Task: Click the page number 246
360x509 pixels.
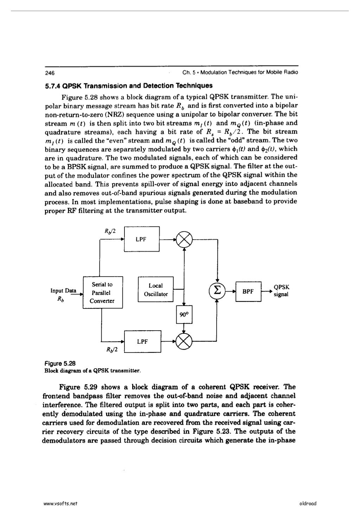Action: (49, 73)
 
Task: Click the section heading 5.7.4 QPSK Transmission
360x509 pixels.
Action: (129, 85)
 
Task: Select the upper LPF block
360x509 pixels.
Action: (142, 239)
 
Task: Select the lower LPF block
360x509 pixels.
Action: (142, 341)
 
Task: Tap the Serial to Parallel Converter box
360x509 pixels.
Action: (102, 293)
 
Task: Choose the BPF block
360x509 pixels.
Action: (248, 291)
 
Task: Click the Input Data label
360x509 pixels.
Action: (64, 291)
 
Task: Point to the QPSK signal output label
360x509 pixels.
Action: (281, 291)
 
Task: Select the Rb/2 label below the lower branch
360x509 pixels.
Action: (111, 350)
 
